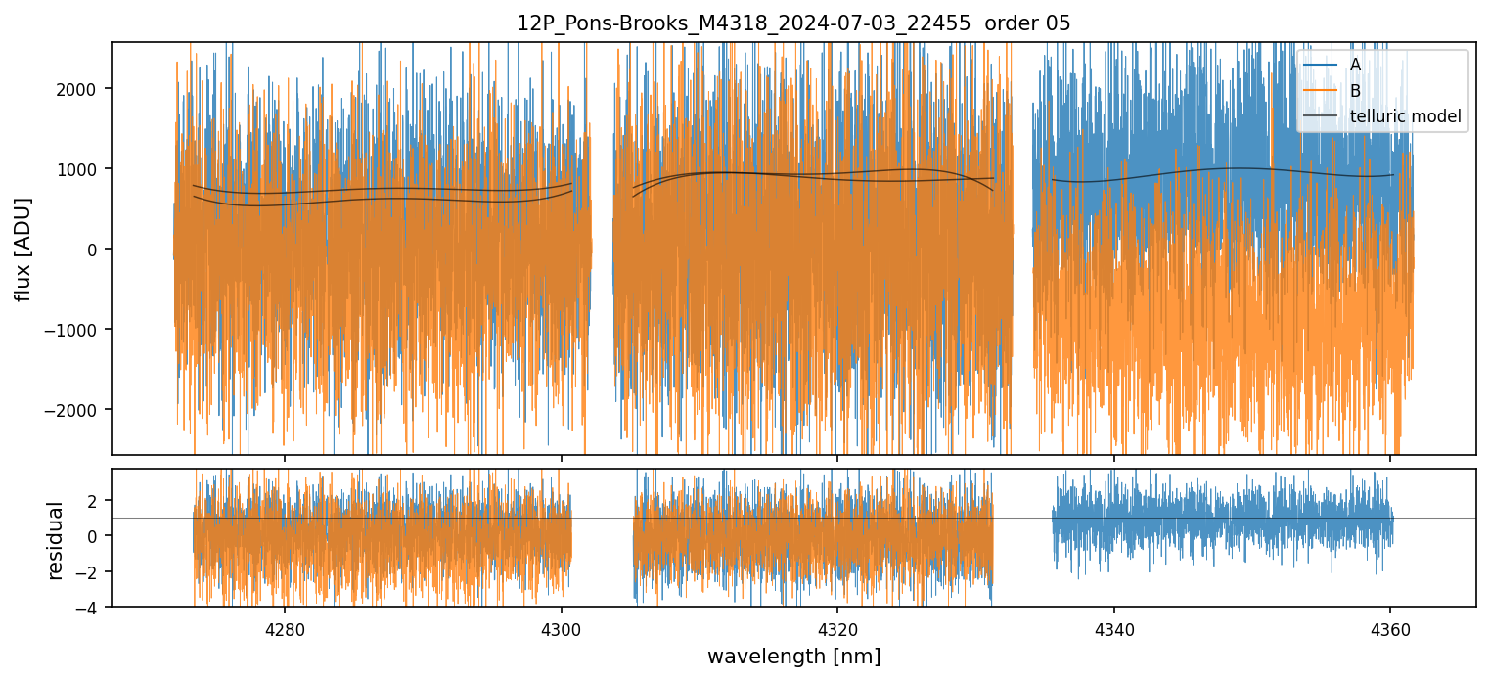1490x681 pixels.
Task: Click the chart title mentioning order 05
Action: pyautogui.click(x=793, y=23)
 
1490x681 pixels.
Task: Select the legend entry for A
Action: pyautogui.click(x=1355, y=65)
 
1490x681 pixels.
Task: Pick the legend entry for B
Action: pyautogui.click(x=1355, y=91)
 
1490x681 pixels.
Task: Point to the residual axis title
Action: pyautogui.click(x=55, y=540)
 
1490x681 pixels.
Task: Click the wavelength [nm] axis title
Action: pyautogui.click(x=793, y=657)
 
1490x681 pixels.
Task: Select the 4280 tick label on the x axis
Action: pyautogui.click(x=285, y=627)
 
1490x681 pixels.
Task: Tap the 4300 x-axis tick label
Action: pyautogui.click(x=562, y=627)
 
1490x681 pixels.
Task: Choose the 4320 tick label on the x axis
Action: pyautogui.click(x=837, y=627)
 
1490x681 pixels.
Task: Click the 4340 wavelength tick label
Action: pyautogui.click(x=1114, y=627)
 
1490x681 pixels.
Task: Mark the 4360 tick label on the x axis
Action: pyautogui.click(x=1390, y=627)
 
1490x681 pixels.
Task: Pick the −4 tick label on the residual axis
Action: pyautogui.click(x=91, y=608)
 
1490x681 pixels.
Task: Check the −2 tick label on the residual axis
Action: pyautogui.click(x=91, y=572)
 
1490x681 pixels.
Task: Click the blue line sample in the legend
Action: pyautogui.click(x=1319, y=65)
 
